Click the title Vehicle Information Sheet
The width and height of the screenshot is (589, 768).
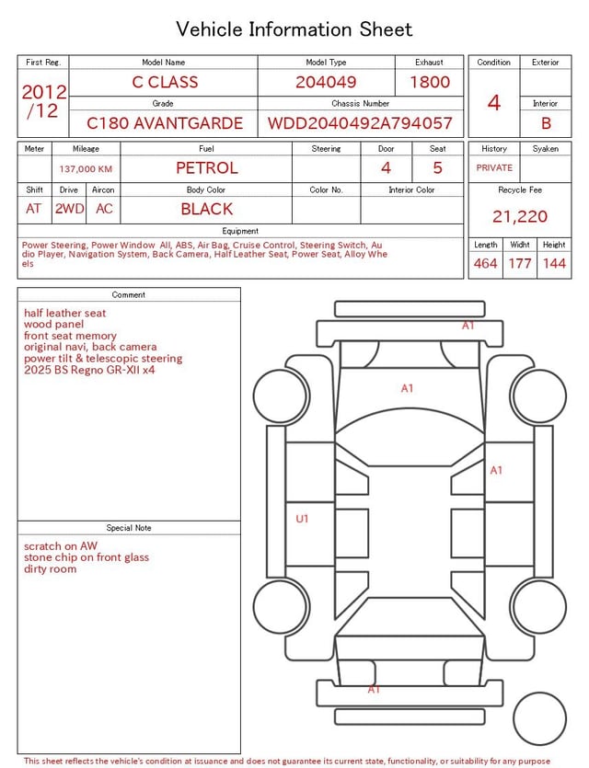294,29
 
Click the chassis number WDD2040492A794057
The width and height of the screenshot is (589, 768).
360,123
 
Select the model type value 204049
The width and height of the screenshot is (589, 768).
326,82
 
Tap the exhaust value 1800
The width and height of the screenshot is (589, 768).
430,82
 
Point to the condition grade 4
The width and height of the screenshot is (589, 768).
494,103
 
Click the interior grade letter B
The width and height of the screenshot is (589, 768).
546,123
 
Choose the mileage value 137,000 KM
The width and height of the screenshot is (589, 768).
86,169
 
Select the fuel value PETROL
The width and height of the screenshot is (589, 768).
207,168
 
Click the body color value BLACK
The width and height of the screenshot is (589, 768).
207,209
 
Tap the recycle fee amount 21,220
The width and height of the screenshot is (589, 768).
520,216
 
